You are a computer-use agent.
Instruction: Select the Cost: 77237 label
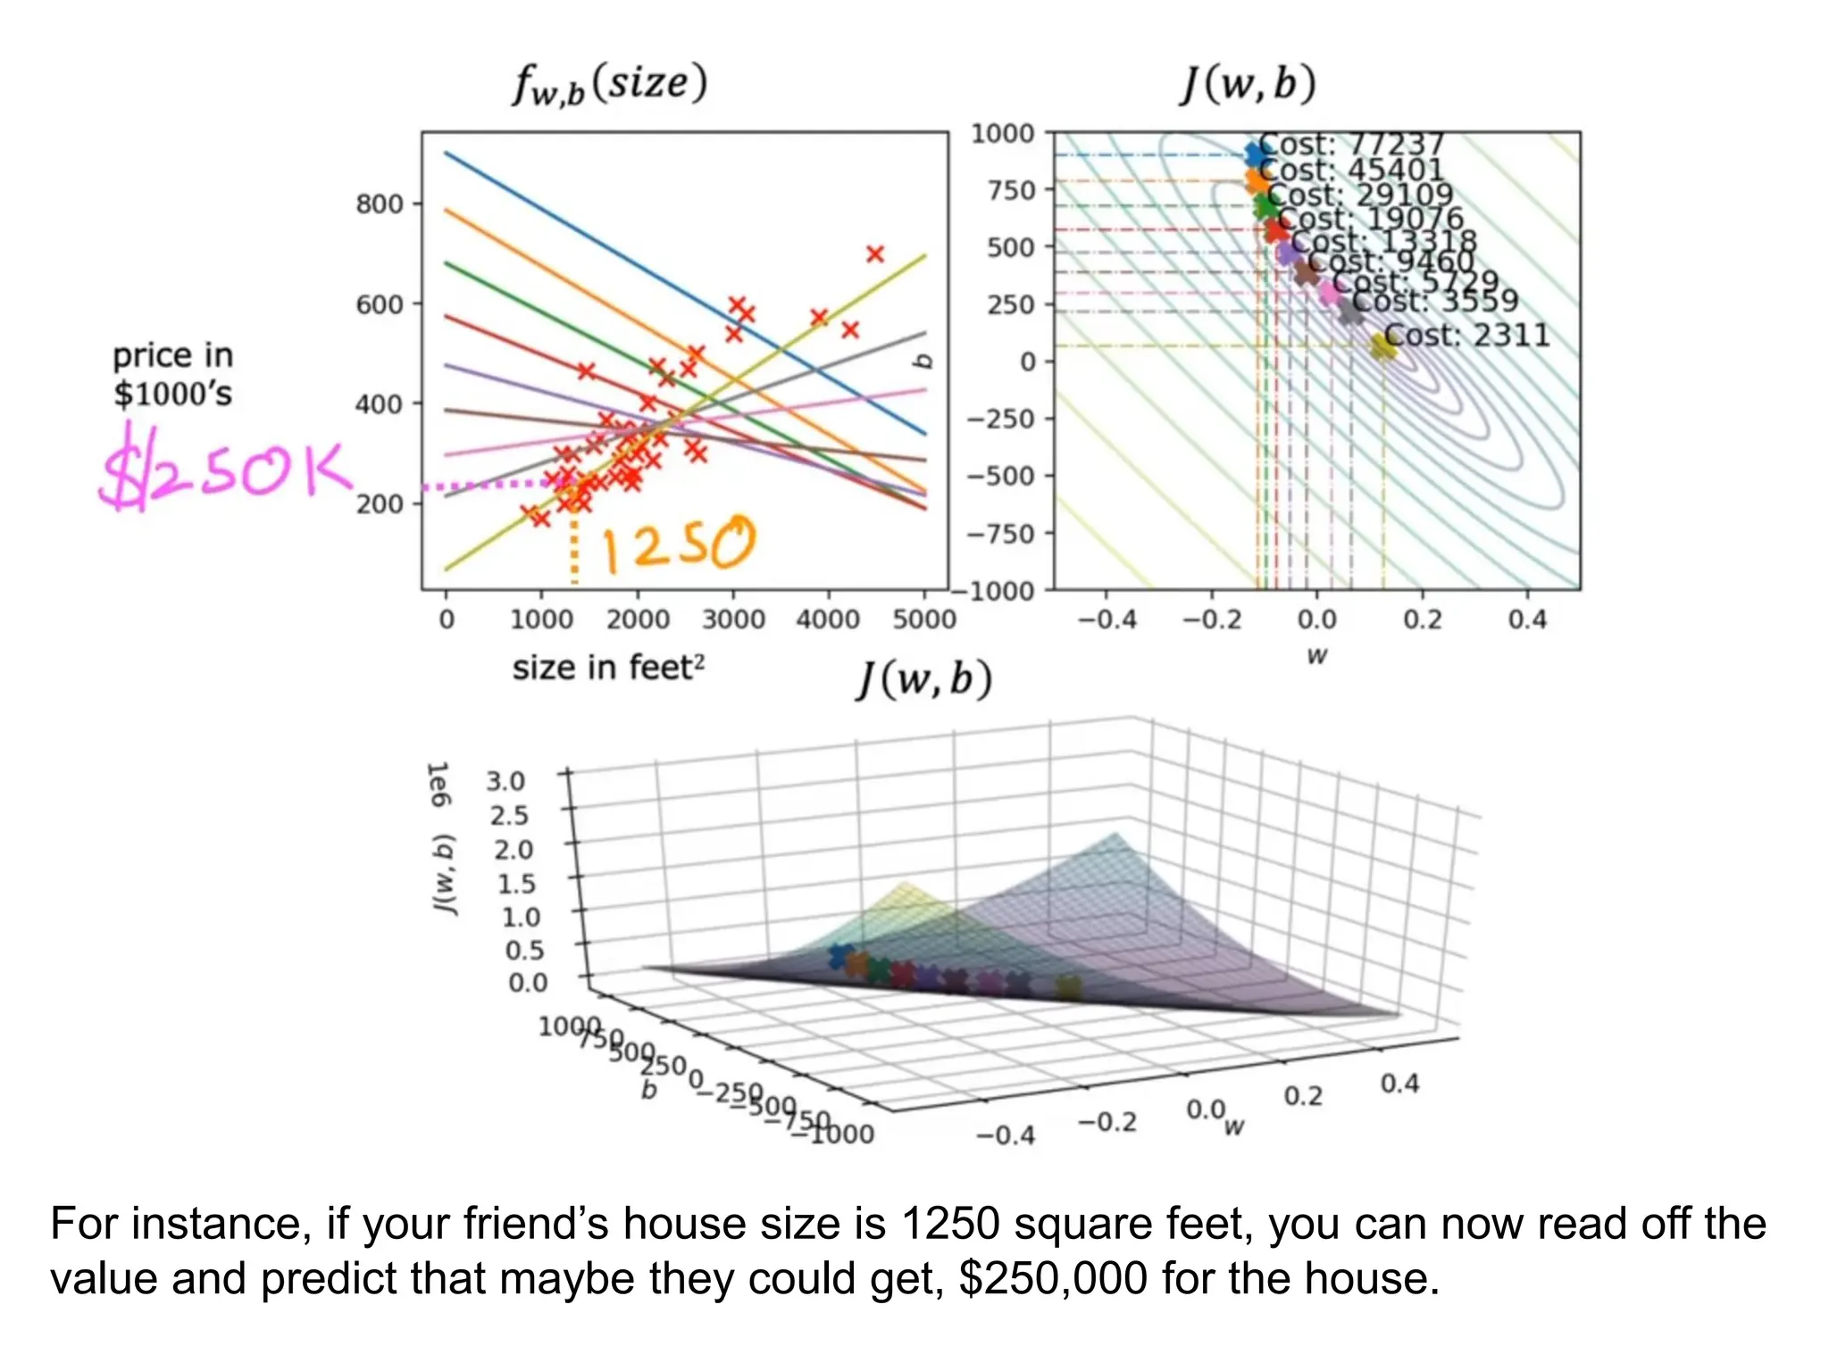(x=1350, y=144)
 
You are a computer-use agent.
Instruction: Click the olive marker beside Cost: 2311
(x=1382, y=345)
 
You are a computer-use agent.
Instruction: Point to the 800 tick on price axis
(x=380, y=204)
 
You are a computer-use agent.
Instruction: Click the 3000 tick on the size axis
(x=733, y=619)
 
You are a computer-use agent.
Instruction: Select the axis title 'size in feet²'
(x=608, y=668)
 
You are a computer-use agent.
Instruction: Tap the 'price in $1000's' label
(x=173, y=375)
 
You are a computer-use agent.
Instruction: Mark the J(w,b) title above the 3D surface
(x=925, y=680)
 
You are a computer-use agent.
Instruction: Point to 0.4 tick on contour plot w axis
(x=1526, y=619)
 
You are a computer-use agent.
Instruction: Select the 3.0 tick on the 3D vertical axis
(x=505, y=782)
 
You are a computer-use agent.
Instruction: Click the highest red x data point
(x=875, y=254)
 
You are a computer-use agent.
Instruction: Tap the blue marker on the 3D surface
(x=839, y=956)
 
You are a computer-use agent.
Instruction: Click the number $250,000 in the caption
(x=1053, y=1278)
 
